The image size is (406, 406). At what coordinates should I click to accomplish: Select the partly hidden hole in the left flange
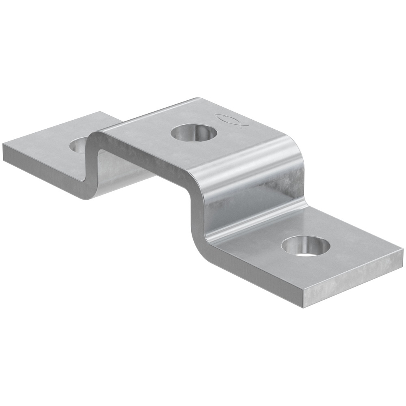tap(79, 145)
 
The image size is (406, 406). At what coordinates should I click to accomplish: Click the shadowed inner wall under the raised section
tap(122, 166)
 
